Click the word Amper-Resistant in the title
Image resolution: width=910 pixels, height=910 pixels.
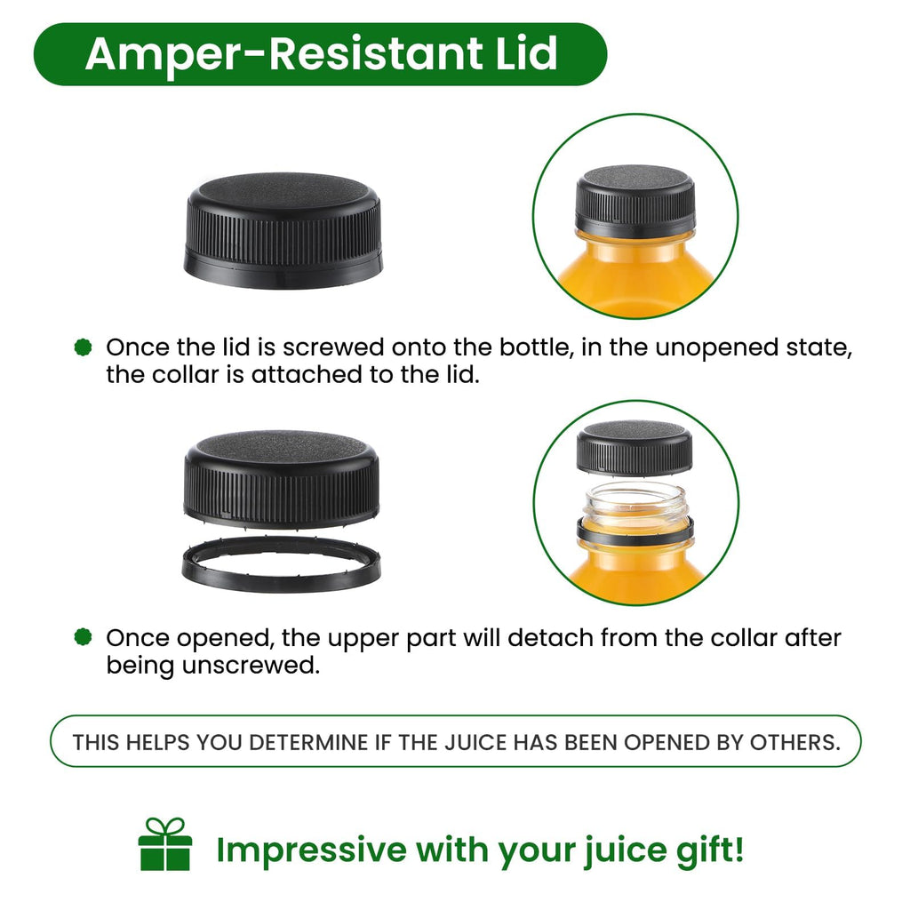[283, 55]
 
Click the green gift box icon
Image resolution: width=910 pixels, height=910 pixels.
[164, 844]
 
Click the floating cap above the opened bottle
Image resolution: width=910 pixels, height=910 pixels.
[635, 448]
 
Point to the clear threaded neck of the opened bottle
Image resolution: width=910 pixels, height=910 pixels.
[635, 502]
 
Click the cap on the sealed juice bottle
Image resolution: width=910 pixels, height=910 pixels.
[635, 198]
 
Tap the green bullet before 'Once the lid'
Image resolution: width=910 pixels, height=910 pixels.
[84, 347]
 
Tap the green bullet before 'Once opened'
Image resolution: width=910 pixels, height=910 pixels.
[84, 636]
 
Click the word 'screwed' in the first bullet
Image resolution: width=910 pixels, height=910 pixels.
[333, 347]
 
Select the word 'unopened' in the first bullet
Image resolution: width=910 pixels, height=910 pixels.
[716, 348]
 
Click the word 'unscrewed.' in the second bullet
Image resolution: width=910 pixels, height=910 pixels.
[251, 665]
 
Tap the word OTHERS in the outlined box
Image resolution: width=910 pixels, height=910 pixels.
[795, 742]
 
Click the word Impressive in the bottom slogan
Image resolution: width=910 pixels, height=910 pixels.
[312, 850]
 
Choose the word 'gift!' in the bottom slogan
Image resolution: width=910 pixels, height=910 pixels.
[710, 850]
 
